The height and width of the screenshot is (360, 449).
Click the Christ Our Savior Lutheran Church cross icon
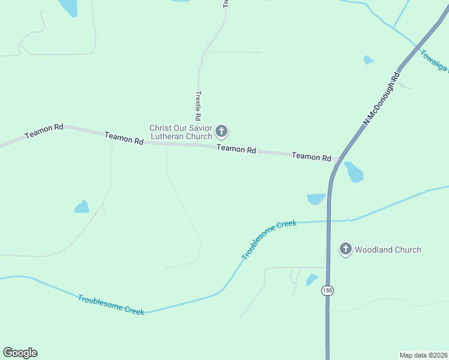(x=221, y=131)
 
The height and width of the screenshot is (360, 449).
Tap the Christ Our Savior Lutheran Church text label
(x=181, y=132)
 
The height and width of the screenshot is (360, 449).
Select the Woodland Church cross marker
(x=345, y=249)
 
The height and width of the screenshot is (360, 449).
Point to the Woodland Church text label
(x=388, y=250)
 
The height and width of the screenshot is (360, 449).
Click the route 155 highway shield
(x=327, y=290)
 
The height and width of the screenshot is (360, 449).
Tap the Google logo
(x=20, y=353)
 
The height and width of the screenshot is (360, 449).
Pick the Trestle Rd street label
(x=197, y=106)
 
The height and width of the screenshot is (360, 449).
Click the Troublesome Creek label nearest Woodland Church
(x=269, y=239)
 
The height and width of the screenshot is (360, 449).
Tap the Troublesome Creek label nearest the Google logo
(x=110, y=305)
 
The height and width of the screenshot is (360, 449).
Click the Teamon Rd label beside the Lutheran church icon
(x=237, y=149)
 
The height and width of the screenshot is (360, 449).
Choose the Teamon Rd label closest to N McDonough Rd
(x=312, y=157)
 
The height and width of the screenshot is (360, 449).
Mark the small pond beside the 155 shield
(x=311, y=280)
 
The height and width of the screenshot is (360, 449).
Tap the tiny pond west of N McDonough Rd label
(x=368, y=60)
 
